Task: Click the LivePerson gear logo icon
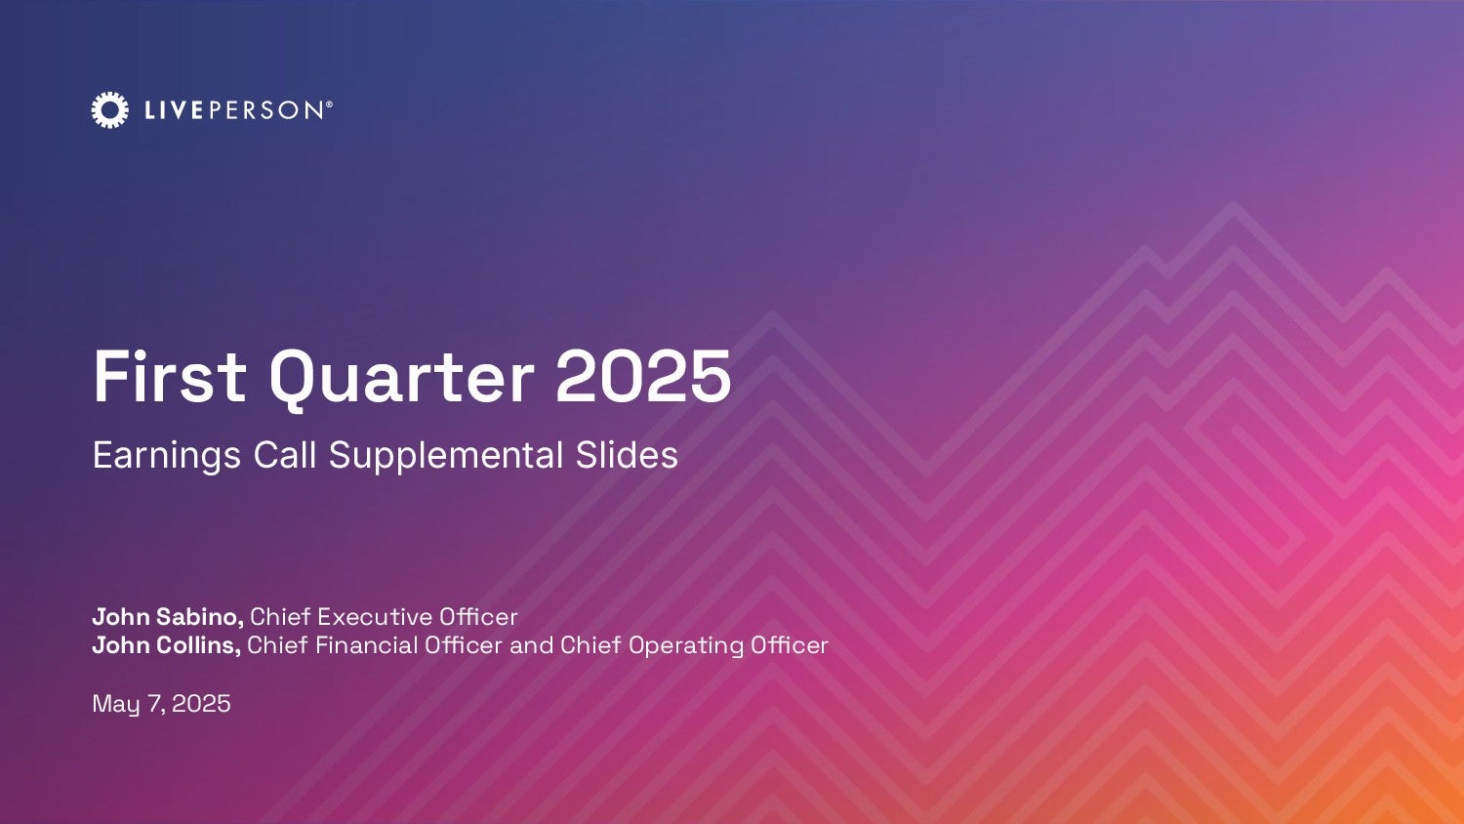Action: click(109, 110)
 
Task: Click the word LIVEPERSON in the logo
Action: click(234, 110)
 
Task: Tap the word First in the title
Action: click(170, 377)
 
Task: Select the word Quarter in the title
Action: click(401, 380)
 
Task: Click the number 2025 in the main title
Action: click(643, 377)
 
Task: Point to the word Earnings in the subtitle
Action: click(167, 456)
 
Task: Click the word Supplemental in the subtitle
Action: click(446, 456)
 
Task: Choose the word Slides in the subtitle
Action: click(627, 455)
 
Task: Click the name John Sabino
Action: click(168, 617)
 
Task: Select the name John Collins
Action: click(167, 645)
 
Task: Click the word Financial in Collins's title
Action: click(367, 645)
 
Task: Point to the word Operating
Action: click(685, 646)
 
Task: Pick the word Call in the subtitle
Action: click(285, 455)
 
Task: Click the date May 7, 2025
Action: click(161, 704)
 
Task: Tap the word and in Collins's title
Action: click(531, 645)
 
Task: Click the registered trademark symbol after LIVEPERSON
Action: click(329, 103)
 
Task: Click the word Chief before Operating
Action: click(590, 645)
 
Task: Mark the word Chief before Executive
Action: click(280, 617)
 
